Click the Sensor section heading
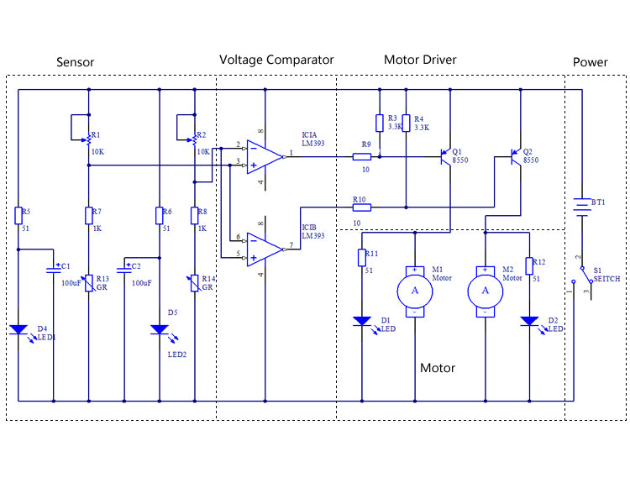coord(75,62)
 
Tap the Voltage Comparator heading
coord(276,60)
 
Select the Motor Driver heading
coord(420,60)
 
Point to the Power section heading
coord(591,62)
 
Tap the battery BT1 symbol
coord(582,207)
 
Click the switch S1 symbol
coord(583,277)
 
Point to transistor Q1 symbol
coord(446,157)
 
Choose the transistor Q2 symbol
coord(517,157)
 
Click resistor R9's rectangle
coord(361,157)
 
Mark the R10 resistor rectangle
coord(361,207)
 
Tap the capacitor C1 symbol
coord(54,270)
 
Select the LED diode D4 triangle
coord(18,330)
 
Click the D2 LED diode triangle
coord(529,321)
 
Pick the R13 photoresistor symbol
coord(89,283)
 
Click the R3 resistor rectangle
coord(380,123)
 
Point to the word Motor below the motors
coord(438,368)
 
